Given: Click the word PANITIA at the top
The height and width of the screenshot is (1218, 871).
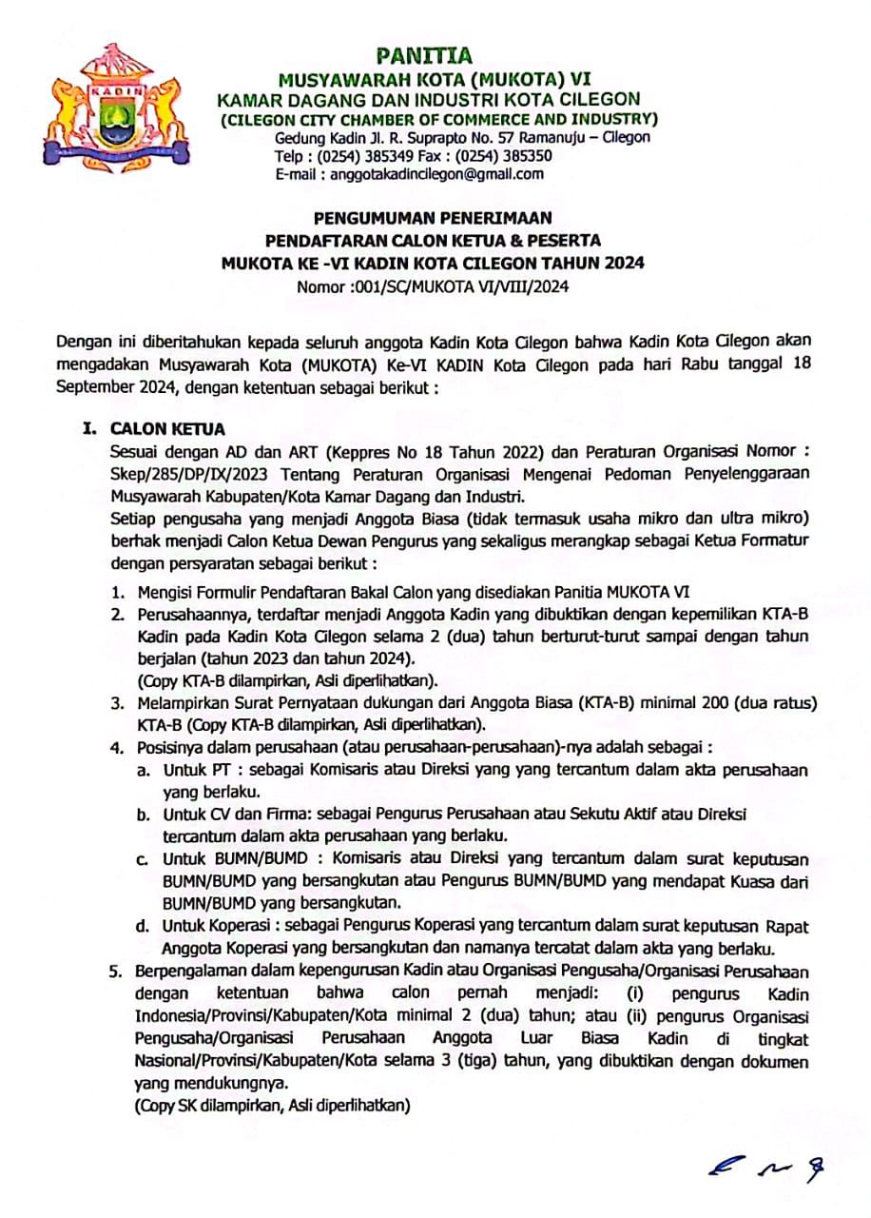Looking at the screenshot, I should click(423, 56).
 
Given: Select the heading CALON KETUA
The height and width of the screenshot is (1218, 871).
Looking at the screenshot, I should click(168, 430).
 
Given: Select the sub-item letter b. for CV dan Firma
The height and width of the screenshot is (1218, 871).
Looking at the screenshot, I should click(142, 815).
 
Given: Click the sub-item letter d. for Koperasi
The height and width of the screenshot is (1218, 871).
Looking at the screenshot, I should click(142, 926).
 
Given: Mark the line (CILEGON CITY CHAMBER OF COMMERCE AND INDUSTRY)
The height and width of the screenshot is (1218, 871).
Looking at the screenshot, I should click(438, 119).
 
